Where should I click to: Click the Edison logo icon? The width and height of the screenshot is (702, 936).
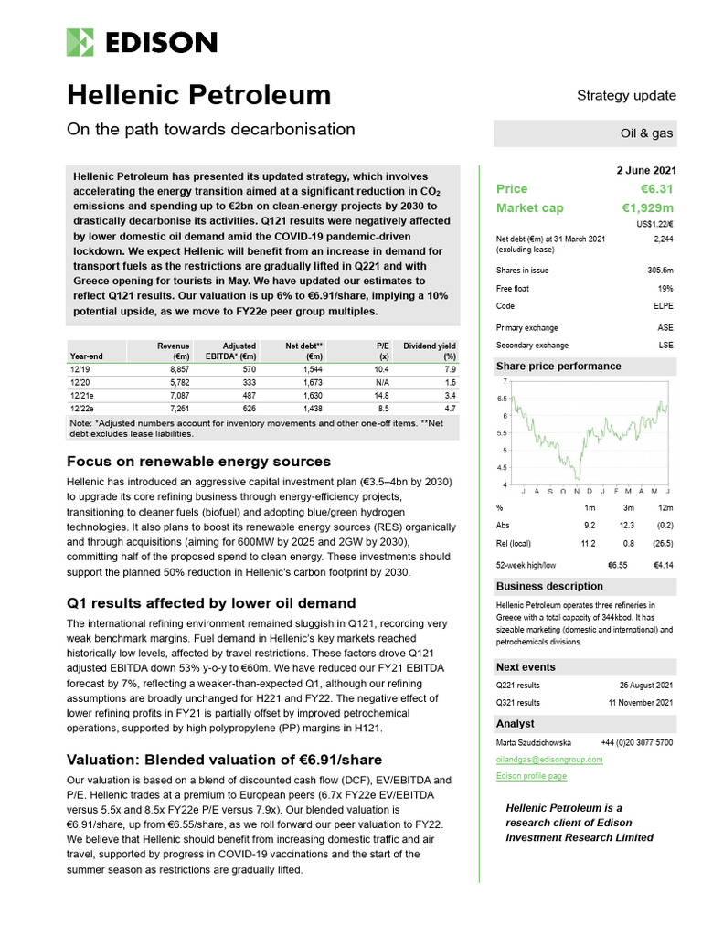80,42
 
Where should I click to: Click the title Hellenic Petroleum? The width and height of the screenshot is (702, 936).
199,95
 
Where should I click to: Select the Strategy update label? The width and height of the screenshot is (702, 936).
626,95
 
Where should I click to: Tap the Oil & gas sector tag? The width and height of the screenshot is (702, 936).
646,133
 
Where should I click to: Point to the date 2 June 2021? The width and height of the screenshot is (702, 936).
641,169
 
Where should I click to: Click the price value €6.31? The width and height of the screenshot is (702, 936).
656,189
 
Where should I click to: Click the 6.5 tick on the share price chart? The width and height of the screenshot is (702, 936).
502,399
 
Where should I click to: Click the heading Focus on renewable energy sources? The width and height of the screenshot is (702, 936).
199,461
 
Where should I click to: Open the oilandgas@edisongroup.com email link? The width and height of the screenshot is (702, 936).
549,759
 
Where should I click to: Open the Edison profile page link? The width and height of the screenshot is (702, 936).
531,775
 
